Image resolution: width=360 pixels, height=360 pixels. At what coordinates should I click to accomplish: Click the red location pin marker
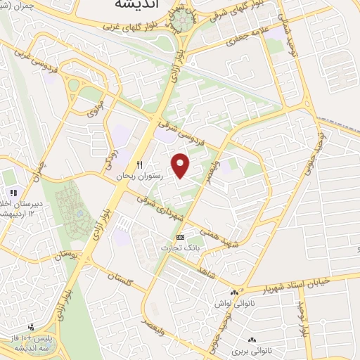pos(181,165)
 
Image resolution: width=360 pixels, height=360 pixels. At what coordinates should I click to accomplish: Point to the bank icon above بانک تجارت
pos(181,237)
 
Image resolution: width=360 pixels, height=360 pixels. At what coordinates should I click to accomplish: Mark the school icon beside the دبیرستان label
pos(12,193)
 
